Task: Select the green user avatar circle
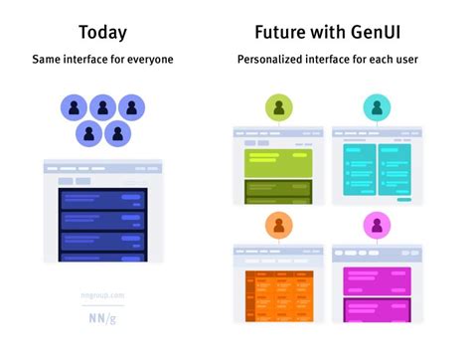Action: coord(278,107)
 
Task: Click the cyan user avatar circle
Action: coord(377,107)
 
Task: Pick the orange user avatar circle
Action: coord(278,226)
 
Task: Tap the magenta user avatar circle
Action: coord(377,226)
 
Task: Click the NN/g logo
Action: coord(102,317)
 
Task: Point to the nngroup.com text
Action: coord(102,295)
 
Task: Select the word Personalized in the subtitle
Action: coord(272,60)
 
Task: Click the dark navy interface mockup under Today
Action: coord(103,224)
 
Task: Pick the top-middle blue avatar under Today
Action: coord(103,106)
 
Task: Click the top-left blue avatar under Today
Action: coord(75,106)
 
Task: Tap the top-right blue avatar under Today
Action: coord(132,106)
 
